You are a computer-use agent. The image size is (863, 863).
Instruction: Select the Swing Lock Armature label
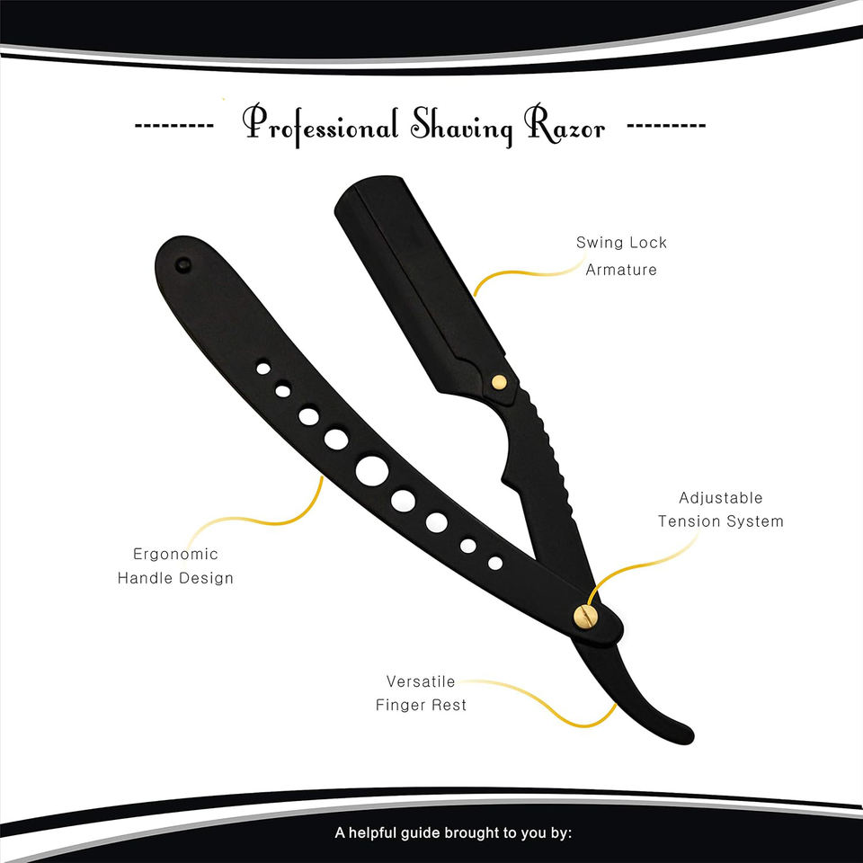(x=621, y=255)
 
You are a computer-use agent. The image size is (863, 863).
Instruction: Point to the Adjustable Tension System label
(x=720, y=509)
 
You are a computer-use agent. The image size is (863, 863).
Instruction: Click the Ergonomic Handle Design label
(x=175, y=565)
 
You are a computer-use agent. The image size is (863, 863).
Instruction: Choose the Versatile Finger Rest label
(x=422, y=692)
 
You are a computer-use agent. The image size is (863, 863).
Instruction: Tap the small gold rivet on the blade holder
(x=499, y=381)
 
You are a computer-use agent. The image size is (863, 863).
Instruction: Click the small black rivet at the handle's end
(x=183, y=265)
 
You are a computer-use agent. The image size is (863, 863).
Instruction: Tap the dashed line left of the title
(x=173, y=125)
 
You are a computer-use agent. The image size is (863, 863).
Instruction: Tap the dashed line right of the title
(x=665, y=125)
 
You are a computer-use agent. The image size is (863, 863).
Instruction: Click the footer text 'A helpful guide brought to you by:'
(x=453, y=832)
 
